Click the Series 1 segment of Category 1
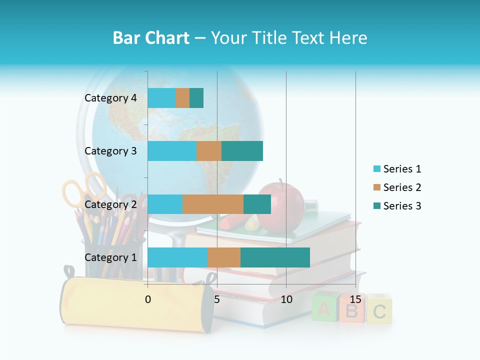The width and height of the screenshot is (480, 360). (x=177, y=257)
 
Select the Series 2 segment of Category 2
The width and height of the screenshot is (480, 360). (x=213, y=204)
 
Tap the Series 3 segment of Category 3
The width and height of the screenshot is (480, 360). (x=242, y=151)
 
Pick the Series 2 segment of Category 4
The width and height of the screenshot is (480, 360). (x=182, y=98)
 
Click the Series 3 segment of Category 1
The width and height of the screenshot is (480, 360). (x=275, y=257)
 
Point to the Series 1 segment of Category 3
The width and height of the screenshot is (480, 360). (x=172, y=151)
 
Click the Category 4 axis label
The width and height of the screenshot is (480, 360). (x=110, y=98)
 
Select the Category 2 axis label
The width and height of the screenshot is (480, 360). (x=110, y=204)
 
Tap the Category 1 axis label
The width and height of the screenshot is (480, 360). (x=110, y=257)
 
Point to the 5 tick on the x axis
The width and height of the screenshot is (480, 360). (x=217, y=299)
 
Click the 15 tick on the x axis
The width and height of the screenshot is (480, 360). (x=355, y=299)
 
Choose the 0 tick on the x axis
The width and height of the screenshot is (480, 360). (x=148, y=299)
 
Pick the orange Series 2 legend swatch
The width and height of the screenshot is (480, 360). (x=376, y=187)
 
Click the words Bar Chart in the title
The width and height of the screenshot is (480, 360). (x=150, y=38)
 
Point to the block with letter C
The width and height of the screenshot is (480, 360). (x=379, y=310)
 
